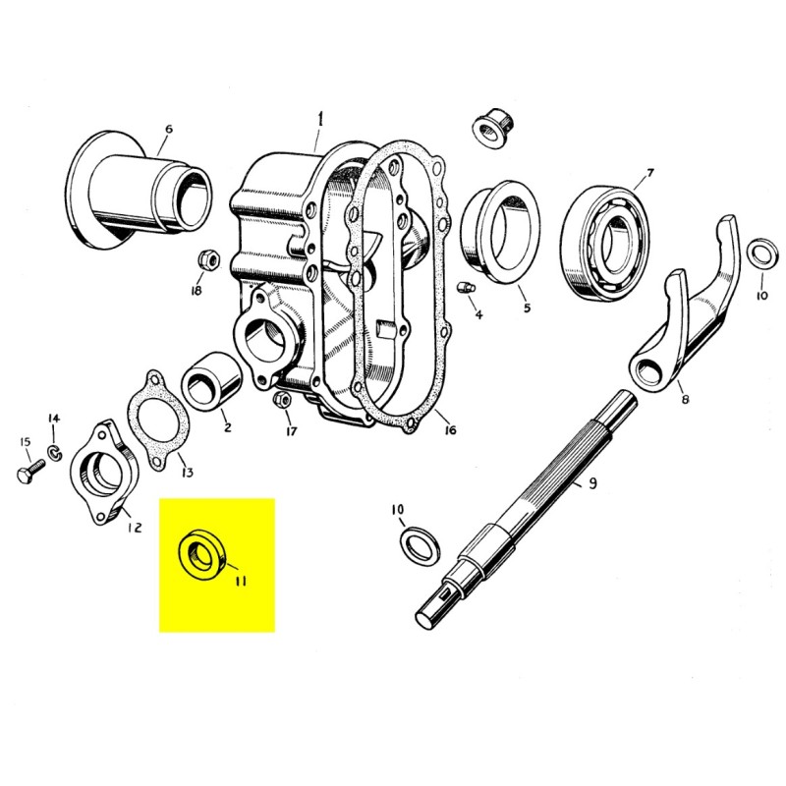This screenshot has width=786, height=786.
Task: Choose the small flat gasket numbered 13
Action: pyautogui.click(x=153, y=417)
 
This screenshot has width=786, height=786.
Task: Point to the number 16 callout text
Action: pyautogui.click(x=448, y=430)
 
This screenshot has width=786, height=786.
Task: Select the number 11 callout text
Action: pyautogui.click(x=240, y=581)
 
